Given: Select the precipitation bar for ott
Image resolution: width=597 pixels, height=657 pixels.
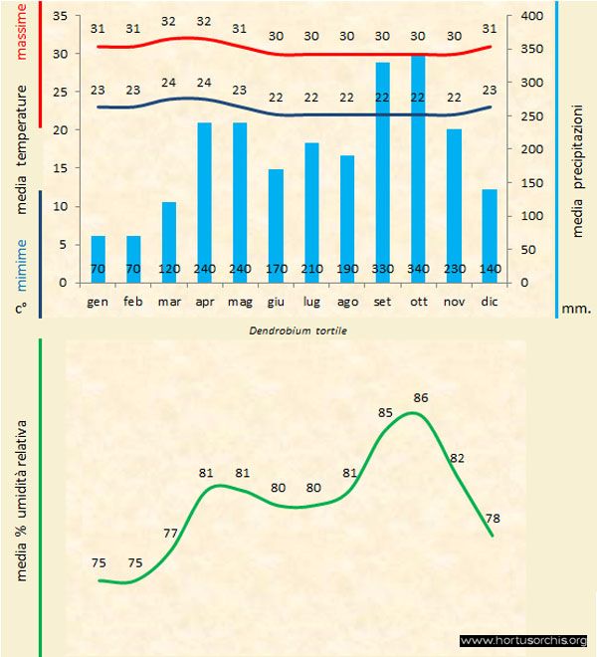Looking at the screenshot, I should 418,169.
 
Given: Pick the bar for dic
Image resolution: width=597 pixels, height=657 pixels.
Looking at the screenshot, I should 489,235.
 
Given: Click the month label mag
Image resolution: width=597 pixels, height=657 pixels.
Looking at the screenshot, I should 240,300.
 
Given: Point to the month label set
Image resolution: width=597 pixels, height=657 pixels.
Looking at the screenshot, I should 382,300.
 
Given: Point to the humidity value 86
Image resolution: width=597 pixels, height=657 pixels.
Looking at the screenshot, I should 420,397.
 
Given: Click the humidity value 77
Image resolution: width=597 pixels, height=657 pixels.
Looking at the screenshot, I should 170,533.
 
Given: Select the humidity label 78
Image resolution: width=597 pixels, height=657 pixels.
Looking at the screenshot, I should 492,518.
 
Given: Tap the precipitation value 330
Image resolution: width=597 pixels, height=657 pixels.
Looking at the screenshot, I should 382,270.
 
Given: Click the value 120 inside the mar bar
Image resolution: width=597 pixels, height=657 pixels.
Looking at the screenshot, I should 169,270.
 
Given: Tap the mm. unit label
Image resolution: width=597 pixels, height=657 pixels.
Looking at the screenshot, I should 576,309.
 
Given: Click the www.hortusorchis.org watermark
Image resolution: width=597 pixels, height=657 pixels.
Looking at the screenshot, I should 525,640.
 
